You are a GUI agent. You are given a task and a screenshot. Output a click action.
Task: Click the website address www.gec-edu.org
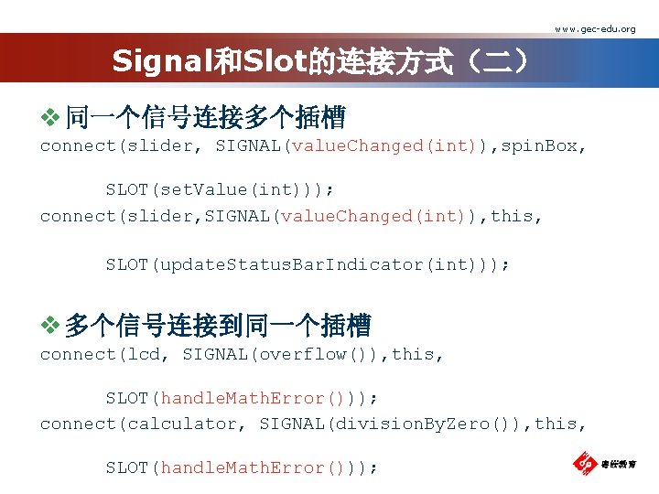(594, 29)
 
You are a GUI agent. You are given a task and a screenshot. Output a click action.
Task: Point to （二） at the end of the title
(493, 61)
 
